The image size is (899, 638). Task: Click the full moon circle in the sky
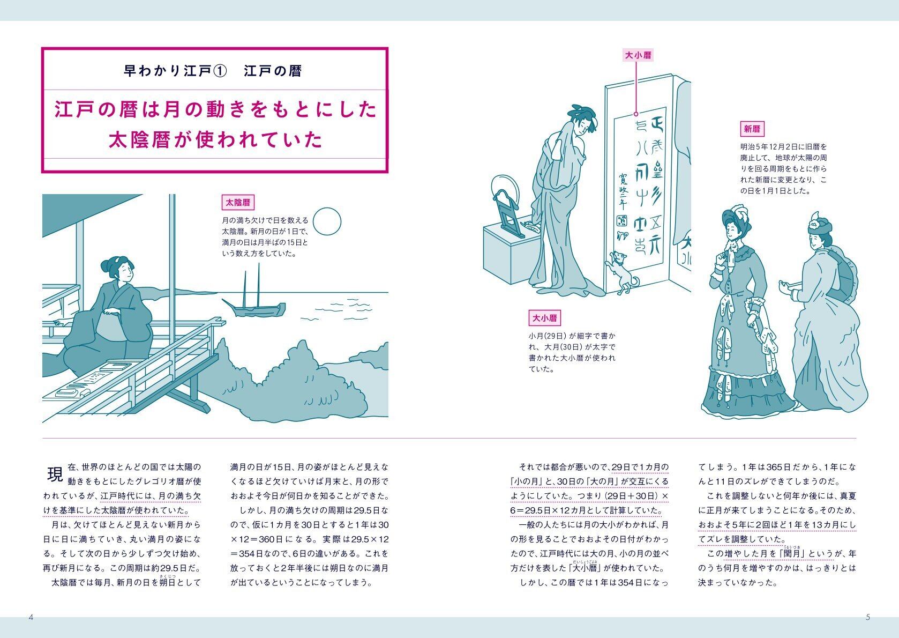point(327,221)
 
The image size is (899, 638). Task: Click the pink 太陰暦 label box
point(238,203)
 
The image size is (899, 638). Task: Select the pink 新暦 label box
point(752,129)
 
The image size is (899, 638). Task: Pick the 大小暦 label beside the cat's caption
point(544,318)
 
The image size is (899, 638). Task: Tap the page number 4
point(31,617)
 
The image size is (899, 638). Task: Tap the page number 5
point(868,617)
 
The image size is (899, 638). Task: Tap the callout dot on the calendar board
point(636,114)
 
